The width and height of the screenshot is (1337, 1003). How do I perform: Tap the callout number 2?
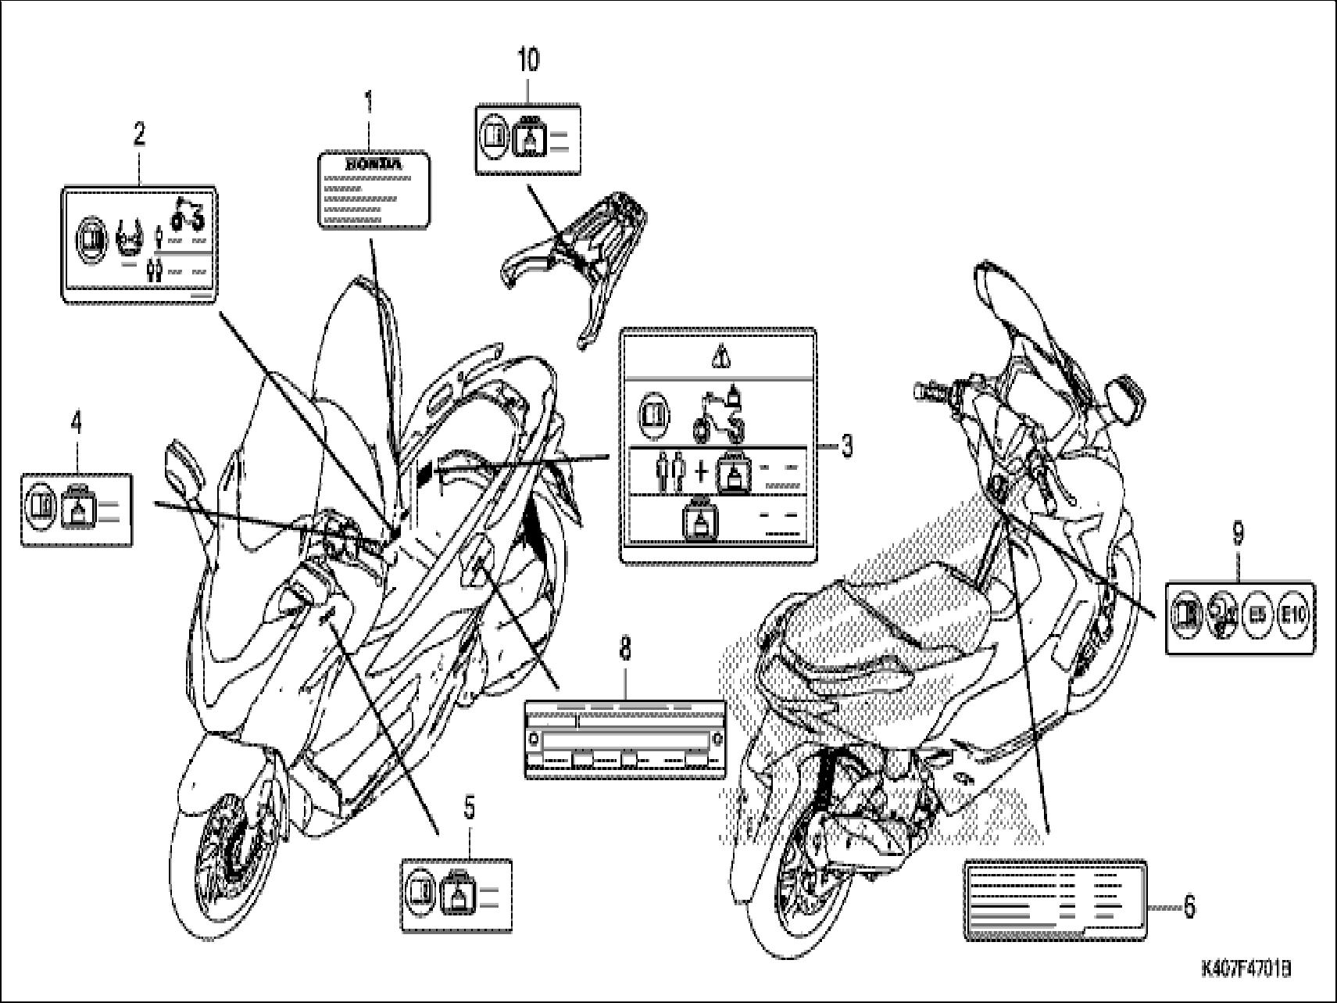(138, 134)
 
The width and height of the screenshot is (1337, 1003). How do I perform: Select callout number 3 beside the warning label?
(846, 446)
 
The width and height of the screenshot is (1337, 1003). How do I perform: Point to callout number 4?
(75, 422)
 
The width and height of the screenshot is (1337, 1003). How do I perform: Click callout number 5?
(469, 810)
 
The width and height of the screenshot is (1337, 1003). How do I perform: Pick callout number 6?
(1189, 907)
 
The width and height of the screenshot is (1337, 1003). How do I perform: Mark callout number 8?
(625, 649)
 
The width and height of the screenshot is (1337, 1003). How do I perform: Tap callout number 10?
(528, 60)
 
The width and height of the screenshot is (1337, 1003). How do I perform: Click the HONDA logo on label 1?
(374, 165)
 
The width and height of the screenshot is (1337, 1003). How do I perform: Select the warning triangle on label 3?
(719, 357)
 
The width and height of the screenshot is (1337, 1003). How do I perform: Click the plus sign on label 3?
(701, 472)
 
